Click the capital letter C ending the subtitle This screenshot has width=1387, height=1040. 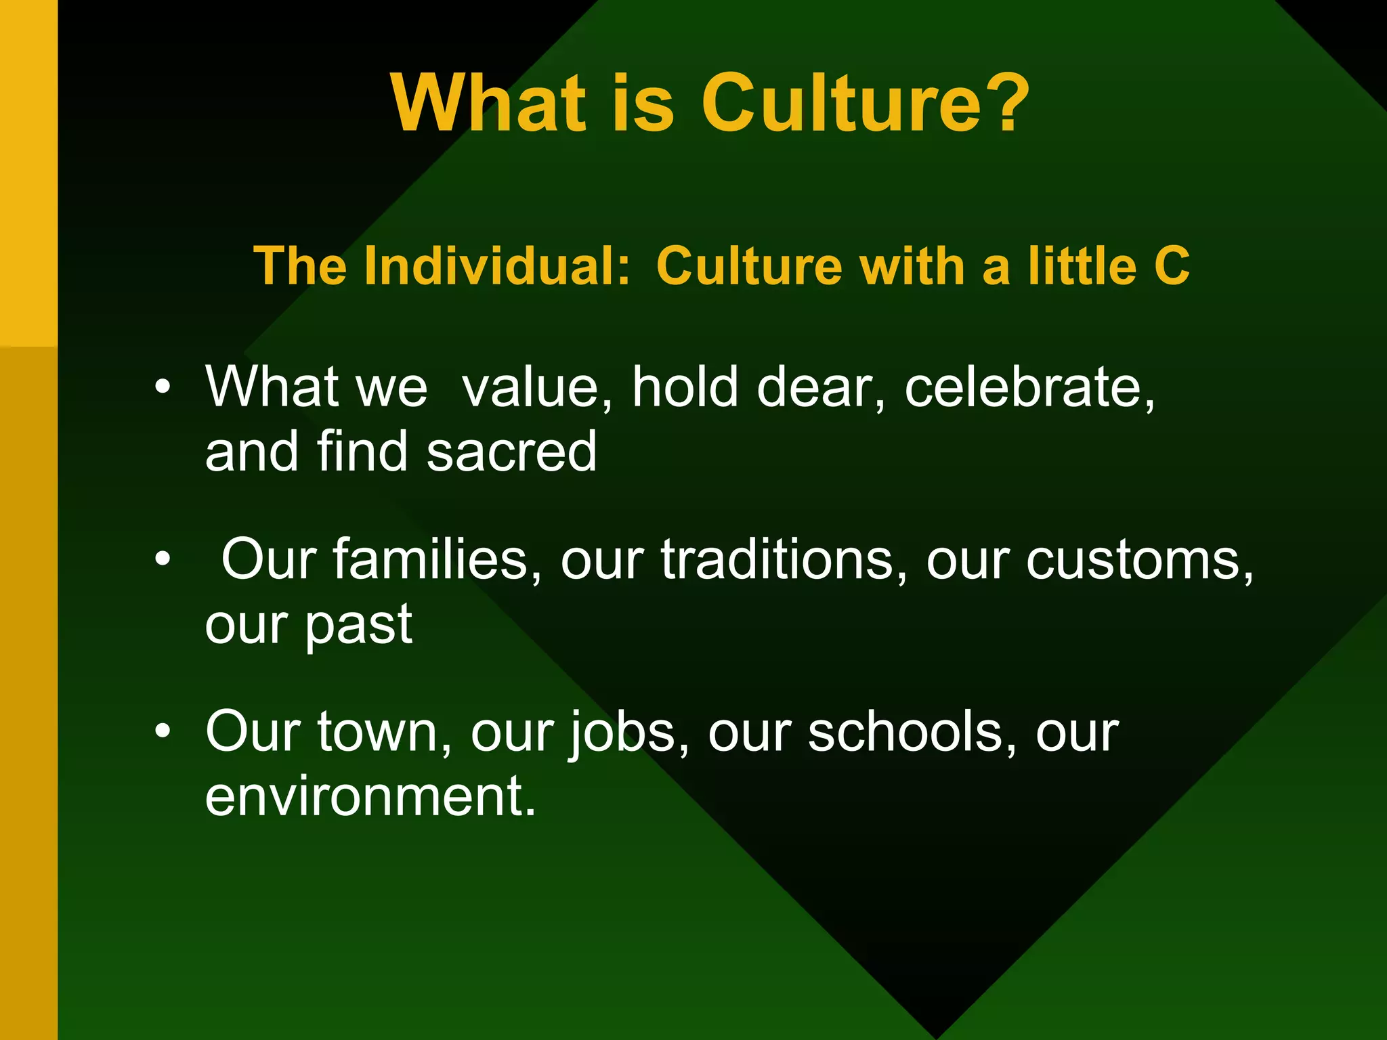[1172, 265]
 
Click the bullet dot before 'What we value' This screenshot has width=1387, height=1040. [163, 387]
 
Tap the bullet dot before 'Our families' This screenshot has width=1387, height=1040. [163, 560]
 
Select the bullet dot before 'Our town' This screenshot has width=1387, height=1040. [163, 732]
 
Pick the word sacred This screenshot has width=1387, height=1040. [512, 452]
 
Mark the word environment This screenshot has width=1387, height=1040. [370, 797]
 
